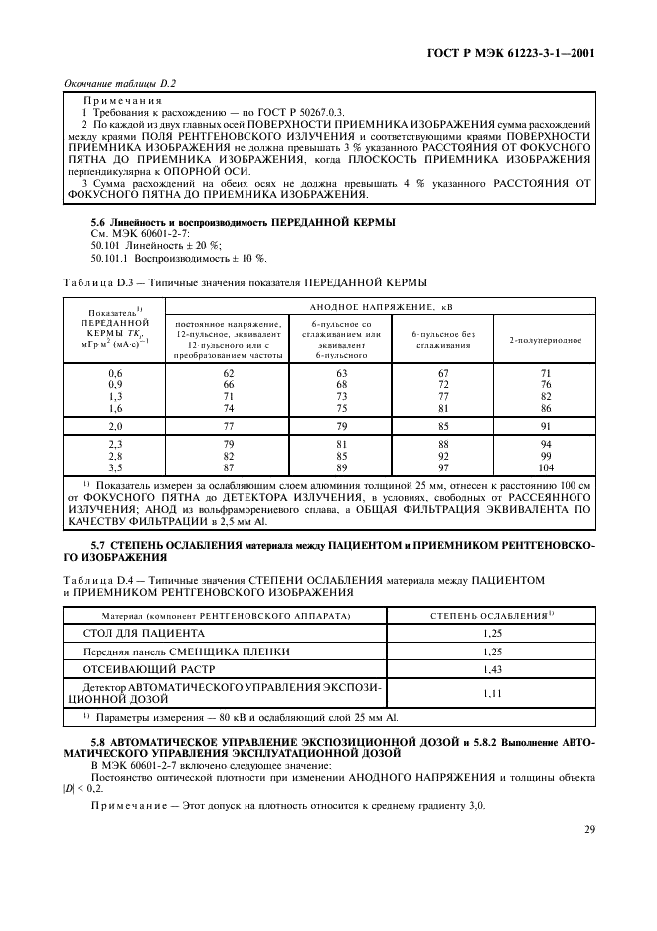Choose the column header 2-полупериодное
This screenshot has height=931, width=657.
[545, 340]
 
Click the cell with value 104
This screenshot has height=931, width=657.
[545, 466]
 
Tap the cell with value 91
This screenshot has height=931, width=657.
[545, 424]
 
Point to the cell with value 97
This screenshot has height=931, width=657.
[444, 466]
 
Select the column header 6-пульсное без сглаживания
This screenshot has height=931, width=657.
[444, 340]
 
